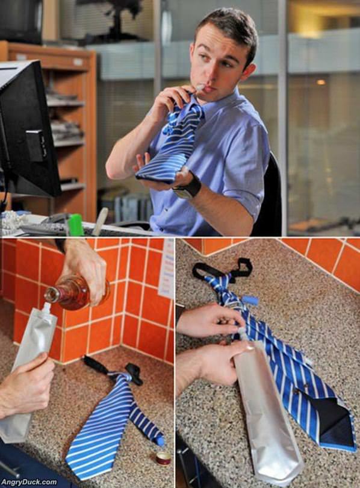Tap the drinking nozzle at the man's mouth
click(x=197, y=89)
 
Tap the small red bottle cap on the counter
click(x=163, y=457)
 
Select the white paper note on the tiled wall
click(x=167, y=269)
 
